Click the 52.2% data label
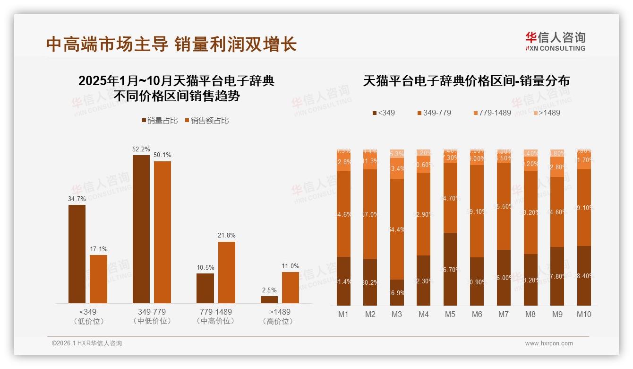tap(141, 149)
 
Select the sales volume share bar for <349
tap(77, 254)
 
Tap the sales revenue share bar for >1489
tap(291, 287)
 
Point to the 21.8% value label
tap(226, 236)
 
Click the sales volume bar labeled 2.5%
tap(269, 299)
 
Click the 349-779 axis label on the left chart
tap(152, 312)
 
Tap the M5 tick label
tap(450, 314)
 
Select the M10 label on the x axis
tap(584, 314)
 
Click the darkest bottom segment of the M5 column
tap(450, 269)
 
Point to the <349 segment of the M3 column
tap(397, 292)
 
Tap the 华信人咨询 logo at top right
tap(555, 41)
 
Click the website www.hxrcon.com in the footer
tap(549, 343)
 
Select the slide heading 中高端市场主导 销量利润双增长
tap(171, 44)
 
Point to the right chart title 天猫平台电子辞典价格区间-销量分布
tap(466, 81)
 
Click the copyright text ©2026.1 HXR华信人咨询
tap(87, 343)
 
